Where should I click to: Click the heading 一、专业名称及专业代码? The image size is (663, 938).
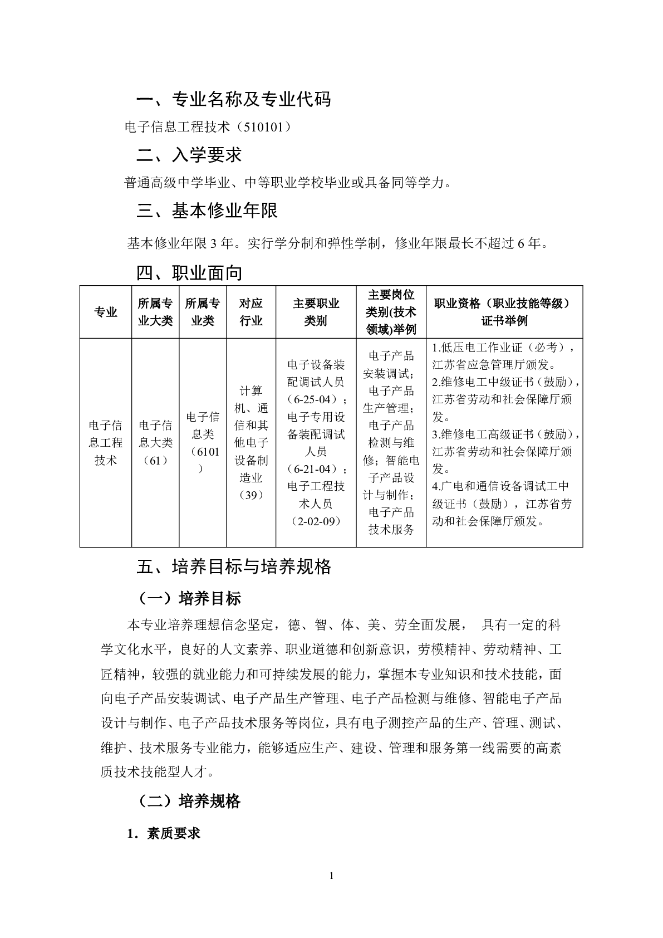tap(234, 99)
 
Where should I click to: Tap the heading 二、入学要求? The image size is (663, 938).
tap(189, 155)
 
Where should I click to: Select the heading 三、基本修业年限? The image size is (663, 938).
tap(207, 211)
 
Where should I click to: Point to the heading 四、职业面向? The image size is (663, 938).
tap(189, 273)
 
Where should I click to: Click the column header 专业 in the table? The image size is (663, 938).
tap(106, 312)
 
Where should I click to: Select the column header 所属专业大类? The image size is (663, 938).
tap(155, 312)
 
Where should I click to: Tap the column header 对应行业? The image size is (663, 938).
tap(251, 312)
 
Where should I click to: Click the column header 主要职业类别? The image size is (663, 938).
tap(316, 312)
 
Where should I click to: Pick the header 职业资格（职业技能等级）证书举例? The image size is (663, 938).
tap(504, 312)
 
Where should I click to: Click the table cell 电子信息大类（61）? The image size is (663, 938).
tap(155, 443)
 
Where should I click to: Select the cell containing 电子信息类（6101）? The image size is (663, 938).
tap(203, 443)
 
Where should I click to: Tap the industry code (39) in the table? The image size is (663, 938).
tap(251, 495)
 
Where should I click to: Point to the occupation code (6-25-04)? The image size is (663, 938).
tap(315, 400)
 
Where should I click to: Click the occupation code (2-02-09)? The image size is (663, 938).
tap(316, 521)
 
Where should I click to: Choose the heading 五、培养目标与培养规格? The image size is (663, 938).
tap(234, 567)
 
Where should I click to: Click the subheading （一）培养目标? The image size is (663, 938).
tap(189, 599)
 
